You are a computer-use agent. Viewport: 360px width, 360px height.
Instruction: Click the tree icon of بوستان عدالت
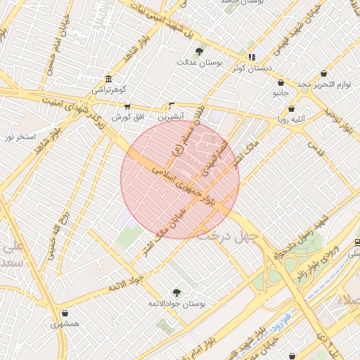click(200, 51)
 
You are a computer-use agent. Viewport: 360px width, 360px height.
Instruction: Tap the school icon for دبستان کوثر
click(251, 57)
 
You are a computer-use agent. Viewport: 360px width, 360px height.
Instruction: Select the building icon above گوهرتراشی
click(108, 79)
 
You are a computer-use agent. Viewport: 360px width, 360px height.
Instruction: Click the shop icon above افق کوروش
click(127, 106)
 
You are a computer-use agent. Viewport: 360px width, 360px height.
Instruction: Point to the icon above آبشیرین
click(172, 105)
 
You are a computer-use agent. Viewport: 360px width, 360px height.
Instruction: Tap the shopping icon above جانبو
click(280, 82)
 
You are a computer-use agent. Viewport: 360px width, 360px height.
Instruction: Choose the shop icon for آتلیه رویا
click(291, 109)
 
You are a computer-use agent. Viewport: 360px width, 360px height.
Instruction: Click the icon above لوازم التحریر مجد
click(323, 73)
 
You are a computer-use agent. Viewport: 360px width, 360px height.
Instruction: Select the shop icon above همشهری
click(65, 314)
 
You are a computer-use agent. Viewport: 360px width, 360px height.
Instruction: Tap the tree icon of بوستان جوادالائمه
click(176, 292)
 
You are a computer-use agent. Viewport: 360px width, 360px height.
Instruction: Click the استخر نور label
click(20, 135)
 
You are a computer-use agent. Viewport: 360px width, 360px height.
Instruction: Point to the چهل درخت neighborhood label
click(228, 234)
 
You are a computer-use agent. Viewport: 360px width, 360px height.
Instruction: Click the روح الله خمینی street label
click(56, 233)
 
